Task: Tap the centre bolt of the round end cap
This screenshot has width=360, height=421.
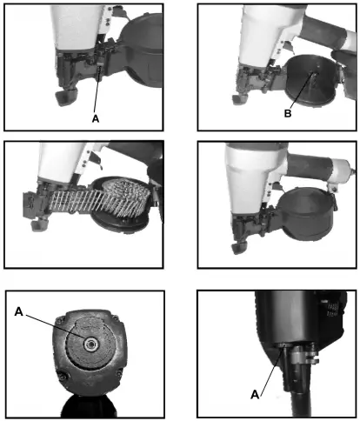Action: click(88, 344)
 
